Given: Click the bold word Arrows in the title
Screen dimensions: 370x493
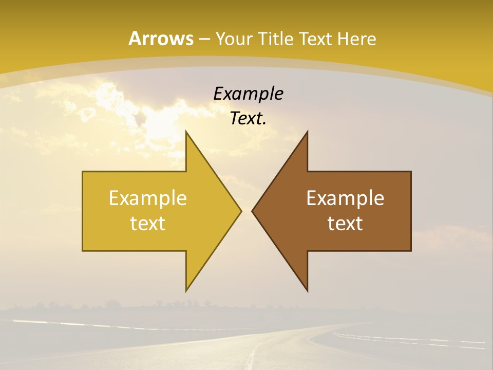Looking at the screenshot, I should point(161,39).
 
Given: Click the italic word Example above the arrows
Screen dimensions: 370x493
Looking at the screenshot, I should point(248,94).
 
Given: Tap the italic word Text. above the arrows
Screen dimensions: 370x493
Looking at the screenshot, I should point(248,119).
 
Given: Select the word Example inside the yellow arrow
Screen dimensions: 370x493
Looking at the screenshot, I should point(148,198).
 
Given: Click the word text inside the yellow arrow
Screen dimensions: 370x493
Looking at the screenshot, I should point(148,224).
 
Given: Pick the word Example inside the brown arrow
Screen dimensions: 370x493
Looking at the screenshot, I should point(345,198).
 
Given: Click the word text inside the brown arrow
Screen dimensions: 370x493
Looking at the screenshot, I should point(345,224).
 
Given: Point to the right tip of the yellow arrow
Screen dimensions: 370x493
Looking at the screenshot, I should point(241,211).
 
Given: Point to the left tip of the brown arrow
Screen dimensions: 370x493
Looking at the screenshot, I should point(252,211).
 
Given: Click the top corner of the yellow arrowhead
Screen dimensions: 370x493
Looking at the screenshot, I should point(186,132).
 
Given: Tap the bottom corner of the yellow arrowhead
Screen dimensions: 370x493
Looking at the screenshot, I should point(186,291).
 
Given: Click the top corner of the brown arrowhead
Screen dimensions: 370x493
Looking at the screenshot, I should point(307,132).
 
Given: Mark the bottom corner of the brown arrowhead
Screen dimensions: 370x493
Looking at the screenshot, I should point(307,291).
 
